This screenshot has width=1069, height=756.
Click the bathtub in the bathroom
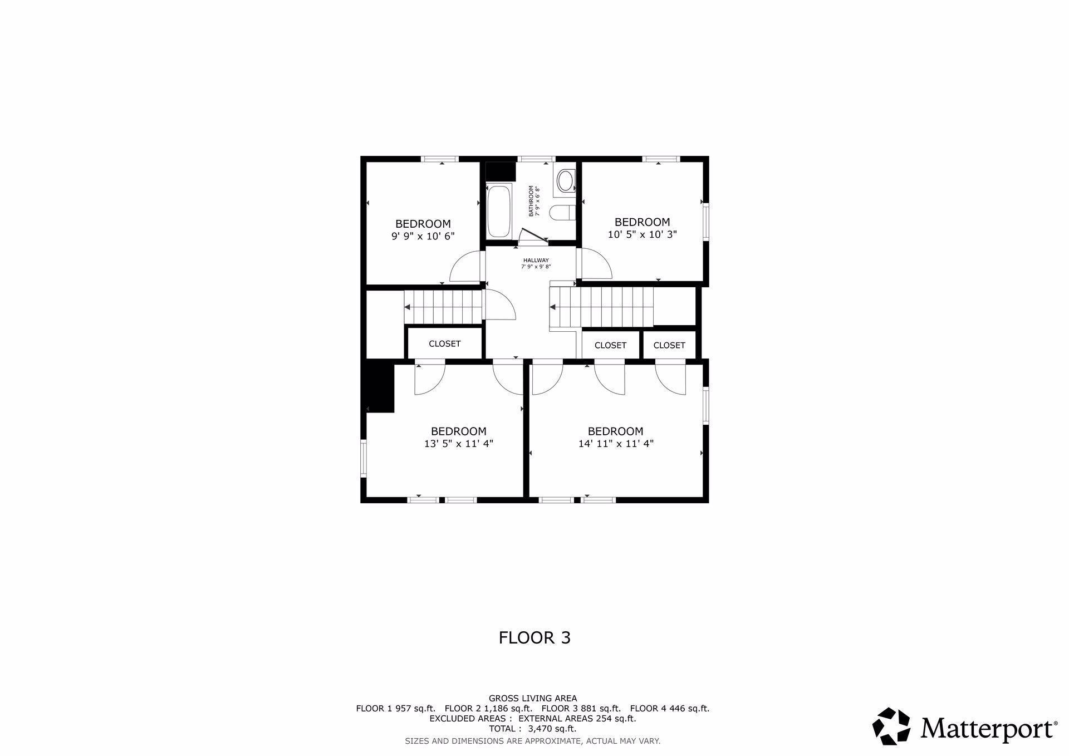[499, 211]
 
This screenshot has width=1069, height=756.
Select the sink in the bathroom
[565, 181]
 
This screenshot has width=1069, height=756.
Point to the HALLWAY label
[536, 261]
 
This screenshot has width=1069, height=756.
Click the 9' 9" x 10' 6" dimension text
[423, 236]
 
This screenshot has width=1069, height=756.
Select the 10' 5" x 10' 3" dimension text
[642, 235]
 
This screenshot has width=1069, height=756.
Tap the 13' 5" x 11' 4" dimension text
[458, 444]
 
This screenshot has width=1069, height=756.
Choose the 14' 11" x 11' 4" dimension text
[615, 444]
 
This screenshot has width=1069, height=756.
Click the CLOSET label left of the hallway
[444, 344]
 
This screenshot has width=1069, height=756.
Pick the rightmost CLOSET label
[669, 345]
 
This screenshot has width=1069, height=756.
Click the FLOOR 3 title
[534, 637]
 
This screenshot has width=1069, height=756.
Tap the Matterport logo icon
[891, 726]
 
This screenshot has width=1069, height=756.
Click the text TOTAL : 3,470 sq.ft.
[533, 729]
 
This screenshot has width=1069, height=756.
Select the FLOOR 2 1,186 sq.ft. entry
[488, 709]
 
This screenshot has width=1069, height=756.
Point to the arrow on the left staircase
[408, 307]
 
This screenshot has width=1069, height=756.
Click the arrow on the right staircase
[553, 307]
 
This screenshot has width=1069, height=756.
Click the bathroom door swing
[532, 237]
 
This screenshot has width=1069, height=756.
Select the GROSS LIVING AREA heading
[533, 698]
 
